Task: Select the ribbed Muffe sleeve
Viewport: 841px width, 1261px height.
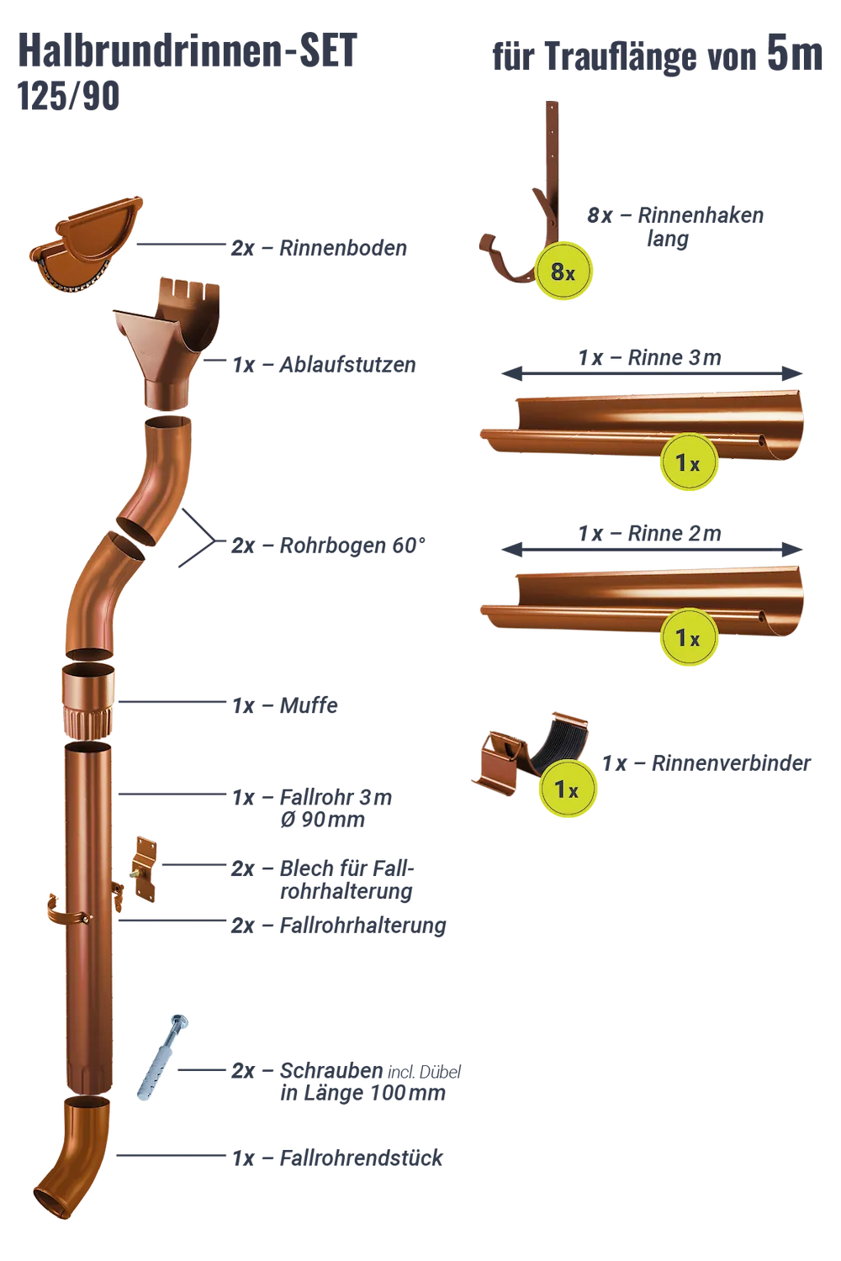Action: (88, 701)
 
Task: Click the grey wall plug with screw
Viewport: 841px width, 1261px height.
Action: (161, 1058)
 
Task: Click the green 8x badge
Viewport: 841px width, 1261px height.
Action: (563, 272)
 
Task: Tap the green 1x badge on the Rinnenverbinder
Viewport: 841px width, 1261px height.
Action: (567, 789)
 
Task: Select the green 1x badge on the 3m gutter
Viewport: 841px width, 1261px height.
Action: (688, 462)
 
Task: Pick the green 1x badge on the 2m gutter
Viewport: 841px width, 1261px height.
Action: (688, 637)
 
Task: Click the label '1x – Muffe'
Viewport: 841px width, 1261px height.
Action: (285, 705)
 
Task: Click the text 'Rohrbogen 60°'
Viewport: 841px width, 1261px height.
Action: (352, 546)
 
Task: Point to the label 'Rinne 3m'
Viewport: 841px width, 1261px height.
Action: (674, 357)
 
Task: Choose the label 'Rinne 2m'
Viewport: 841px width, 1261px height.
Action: (674, 533)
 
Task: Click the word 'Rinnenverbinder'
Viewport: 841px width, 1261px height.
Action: (731, 763)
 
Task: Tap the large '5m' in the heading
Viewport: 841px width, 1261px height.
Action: (795, 54)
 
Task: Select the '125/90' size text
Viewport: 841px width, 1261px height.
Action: (68, 96)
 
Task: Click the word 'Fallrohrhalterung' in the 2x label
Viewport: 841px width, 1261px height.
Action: (362, 926)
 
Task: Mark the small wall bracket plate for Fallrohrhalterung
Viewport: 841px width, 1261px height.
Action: (144, 870)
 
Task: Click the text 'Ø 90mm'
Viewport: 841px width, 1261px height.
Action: (322, 820)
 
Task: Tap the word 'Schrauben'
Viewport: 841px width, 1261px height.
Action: (331, 1070)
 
